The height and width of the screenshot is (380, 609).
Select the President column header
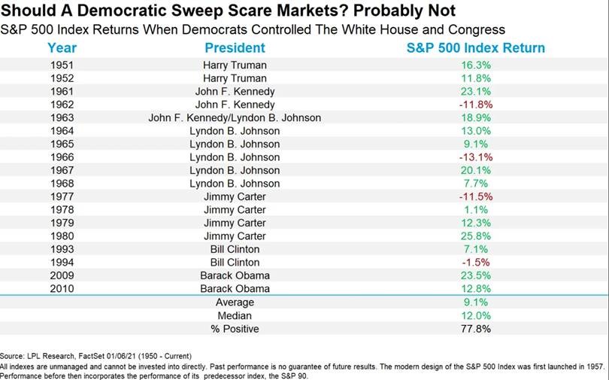point(235,48)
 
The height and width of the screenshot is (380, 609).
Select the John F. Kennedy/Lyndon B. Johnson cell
point(235,118)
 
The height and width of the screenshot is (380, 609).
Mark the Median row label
point(235,315)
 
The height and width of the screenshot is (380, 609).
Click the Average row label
point(235,302)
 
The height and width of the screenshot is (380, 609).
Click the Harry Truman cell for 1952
point(235,78)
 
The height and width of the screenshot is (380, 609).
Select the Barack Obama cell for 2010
point(235,289)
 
